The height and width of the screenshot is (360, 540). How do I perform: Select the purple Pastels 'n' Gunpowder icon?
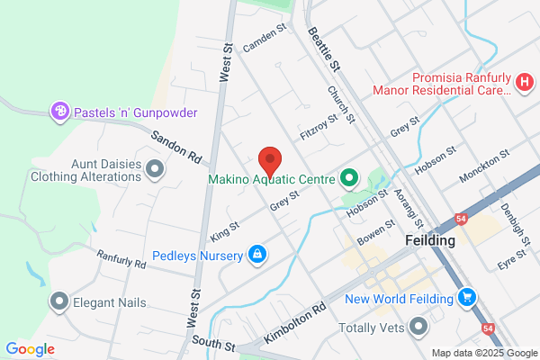[x=60, y=111]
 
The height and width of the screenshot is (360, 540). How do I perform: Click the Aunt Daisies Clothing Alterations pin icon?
[x=155, y=168]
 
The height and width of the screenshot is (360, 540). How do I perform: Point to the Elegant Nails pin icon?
[x=59, y=301]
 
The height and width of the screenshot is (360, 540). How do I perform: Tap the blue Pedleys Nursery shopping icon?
[x=257, y=256]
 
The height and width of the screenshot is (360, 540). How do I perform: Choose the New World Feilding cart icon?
[x=466, y=297]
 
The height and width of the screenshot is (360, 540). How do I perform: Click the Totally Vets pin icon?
[x=417, y=327]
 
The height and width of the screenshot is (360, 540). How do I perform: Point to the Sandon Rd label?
[x=175, y=148]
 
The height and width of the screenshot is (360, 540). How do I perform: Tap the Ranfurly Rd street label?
[x=121, y=260]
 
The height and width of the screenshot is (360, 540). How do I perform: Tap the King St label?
[x=220, y=231]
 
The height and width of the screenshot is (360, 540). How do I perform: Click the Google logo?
[x=30, y=348]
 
